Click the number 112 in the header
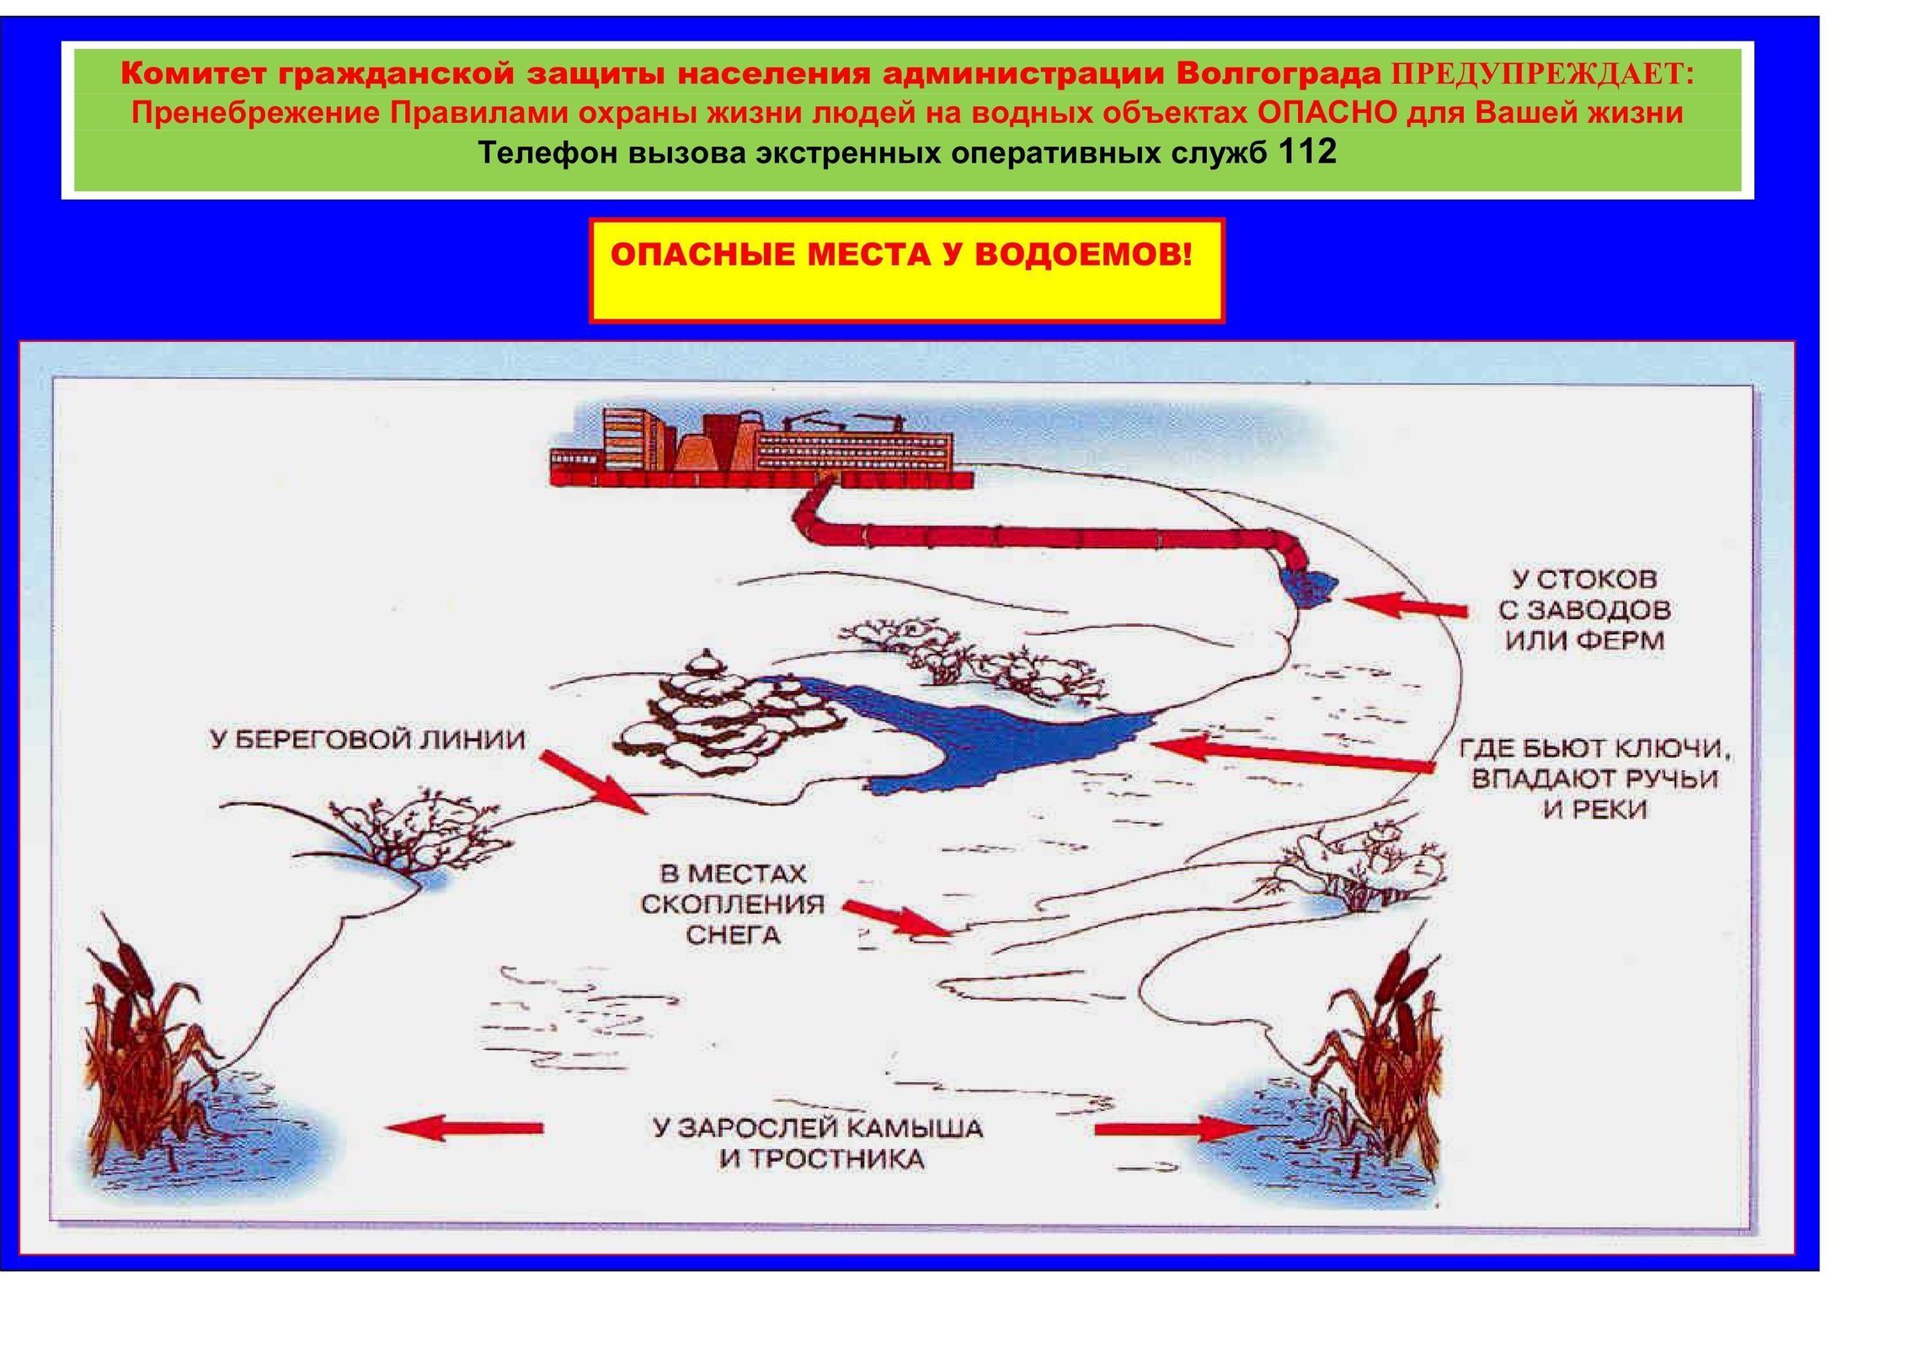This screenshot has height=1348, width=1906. point(1306,152)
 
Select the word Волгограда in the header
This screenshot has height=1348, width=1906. point(1279,74)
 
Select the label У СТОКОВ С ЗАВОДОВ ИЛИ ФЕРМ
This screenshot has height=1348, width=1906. point(1584,609)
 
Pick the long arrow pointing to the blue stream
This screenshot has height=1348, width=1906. point(1293,754)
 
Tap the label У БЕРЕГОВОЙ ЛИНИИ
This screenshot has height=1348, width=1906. point(367,740)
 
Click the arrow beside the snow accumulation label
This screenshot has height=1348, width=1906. point(899,918)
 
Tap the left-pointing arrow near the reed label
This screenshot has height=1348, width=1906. point(464,1127)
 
